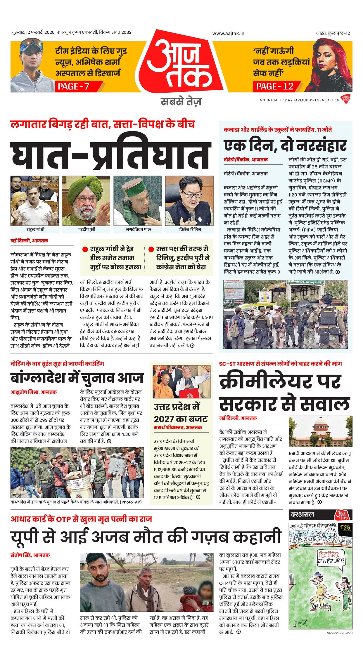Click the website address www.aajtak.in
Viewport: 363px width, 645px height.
point(228,34)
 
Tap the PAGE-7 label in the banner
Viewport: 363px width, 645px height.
point(74,86)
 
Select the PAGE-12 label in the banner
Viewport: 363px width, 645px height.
point(275,86)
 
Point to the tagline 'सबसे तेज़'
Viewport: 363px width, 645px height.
point(181,102)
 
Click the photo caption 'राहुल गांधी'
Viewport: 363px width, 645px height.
point(35,229)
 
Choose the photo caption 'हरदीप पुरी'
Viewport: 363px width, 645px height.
point(87,229)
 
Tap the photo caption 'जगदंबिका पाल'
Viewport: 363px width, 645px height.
point(138,229)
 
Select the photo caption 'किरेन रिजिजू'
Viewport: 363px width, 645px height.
point(190,229)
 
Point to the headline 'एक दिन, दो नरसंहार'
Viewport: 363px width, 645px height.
point(285,145)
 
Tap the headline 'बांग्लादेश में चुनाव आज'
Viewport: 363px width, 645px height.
point(77,378)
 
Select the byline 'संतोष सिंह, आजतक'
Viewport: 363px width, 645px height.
point(30,555)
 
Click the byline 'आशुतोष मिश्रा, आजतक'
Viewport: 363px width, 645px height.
point(34,392)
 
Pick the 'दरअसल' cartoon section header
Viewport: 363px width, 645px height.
point(302,514)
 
